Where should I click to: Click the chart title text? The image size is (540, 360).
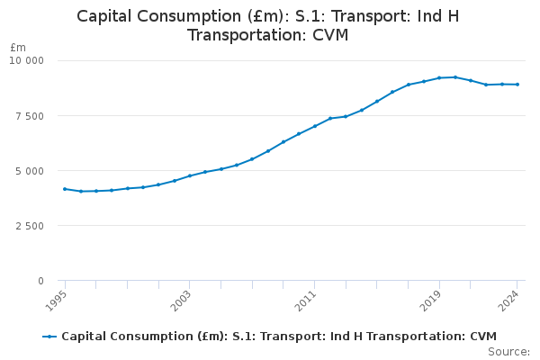tap(268, 25)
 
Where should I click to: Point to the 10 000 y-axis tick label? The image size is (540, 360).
tap(25, 60)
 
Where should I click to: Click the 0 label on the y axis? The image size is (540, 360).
tap(40, 281)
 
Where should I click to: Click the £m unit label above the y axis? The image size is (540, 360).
tap(18, 47)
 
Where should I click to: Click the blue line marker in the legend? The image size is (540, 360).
tap(49, 337)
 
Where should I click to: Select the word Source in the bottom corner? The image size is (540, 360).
tap(509, 352)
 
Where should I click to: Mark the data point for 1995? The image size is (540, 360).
tap(65, 189)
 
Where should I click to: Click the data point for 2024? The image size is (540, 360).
tap(517, 85)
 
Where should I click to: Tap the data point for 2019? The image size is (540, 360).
tap(439, 78)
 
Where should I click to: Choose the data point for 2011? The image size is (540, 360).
tap(314, 126)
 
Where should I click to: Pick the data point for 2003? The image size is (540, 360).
tap(190, 175)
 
